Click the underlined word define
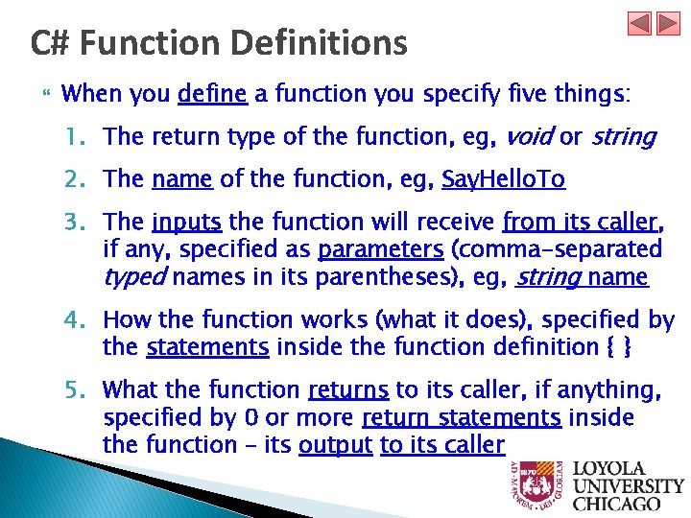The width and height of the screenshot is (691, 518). (213, 94)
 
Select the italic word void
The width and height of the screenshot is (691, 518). (529, 137)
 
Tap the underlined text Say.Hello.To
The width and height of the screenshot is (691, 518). (503, 179)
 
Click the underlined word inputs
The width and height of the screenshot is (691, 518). (186, 223)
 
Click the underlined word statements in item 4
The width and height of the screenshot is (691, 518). (207, 347)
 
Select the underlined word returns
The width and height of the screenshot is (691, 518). (348, 390)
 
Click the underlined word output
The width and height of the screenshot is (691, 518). (336, 445)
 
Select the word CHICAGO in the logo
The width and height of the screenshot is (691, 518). (616, 503)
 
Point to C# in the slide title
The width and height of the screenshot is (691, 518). (49, 43)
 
